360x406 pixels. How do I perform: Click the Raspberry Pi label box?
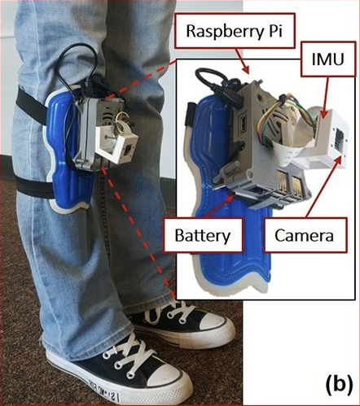pos(235,31)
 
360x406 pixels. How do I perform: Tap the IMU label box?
pos(328,59)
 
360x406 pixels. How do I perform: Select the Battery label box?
pos(203,235)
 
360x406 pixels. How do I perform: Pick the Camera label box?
pos(305,235)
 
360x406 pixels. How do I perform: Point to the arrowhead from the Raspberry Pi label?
pos(245,69)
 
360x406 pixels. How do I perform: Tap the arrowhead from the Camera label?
pos(339,159)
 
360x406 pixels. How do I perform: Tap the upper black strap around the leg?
pos(31,106)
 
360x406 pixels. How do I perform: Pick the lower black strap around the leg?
pos(34,186)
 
